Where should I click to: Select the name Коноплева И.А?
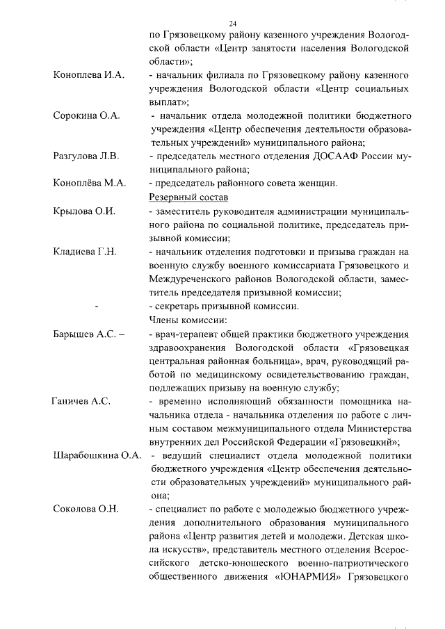click(x=88, y=75)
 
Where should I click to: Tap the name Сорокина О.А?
click(x=87, y=115)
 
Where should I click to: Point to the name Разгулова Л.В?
click(x=86, y=156)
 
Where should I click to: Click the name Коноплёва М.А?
click(x=89, y=183)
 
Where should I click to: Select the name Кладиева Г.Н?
click(x=85, y=252)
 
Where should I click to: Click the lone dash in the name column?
click(x=96, y=307)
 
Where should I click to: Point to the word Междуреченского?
click(x=193, y=279)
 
